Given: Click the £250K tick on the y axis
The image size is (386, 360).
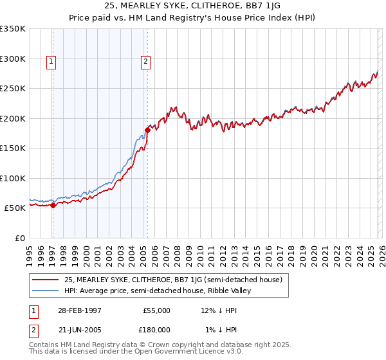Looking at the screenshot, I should tap(13, 89).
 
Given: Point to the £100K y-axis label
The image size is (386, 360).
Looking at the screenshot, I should tap(13, 178).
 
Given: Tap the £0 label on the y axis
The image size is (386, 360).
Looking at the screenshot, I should tap(20, 238).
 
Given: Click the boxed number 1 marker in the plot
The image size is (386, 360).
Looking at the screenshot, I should tap(51, 62).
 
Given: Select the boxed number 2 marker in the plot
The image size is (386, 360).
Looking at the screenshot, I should tap(146, 62).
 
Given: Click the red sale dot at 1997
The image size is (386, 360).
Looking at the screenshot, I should tap(53, 205).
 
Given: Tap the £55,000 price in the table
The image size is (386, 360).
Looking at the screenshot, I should tap(156, 310).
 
